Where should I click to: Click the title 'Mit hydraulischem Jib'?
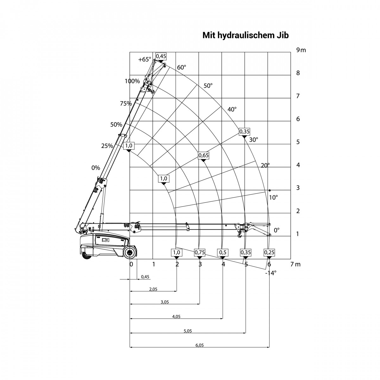click(x=245, y=35)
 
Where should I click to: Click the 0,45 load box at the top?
click(x=161, y=56)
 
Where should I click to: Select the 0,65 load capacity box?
click(x=204, y=155)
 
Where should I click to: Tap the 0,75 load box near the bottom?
click(x=200, y=252)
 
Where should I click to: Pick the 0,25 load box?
click(x=269, y=252)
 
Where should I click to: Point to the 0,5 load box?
click(x=223, y=252)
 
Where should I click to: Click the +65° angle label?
click(x=145, y=60)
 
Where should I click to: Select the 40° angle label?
click(x=232, y=109)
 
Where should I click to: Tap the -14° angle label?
click(x=271, y=273)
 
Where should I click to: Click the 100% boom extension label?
click(x=132, y=81)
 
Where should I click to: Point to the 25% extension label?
click(x=107, y=146)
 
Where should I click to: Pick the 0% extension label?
click(x=96, y=168)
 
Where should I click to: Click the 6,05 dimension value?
click(x=199, y=345)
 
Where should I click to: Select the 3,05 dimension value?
click(x=165, y=302)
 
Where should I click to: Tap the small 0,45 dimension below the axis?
click(x=145, y=277)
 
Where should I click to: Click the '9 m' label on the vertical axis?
click(x=301, y=50)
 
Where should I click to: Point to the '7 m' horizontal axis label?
click(x=295, y=264)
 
